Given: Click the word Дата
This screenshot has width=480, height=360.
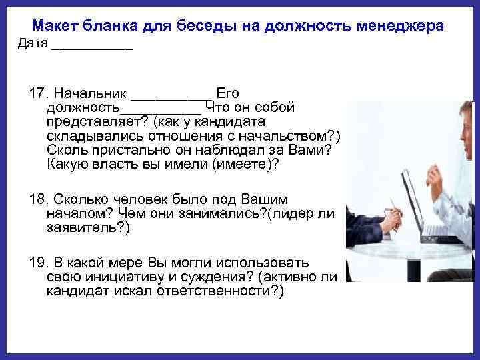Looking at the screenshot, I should [32, 44].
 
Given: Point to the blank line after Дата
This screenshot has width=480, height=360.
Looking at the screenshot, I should [92, 48].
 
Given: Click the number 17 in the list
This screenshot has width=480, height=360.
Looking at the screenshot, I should [37, 93].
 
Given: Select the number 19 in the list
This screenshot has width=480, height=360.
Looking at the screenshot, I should [37, 263].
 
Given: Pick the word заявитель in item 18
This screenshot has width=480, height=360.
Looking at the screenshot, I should [85, 228].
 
